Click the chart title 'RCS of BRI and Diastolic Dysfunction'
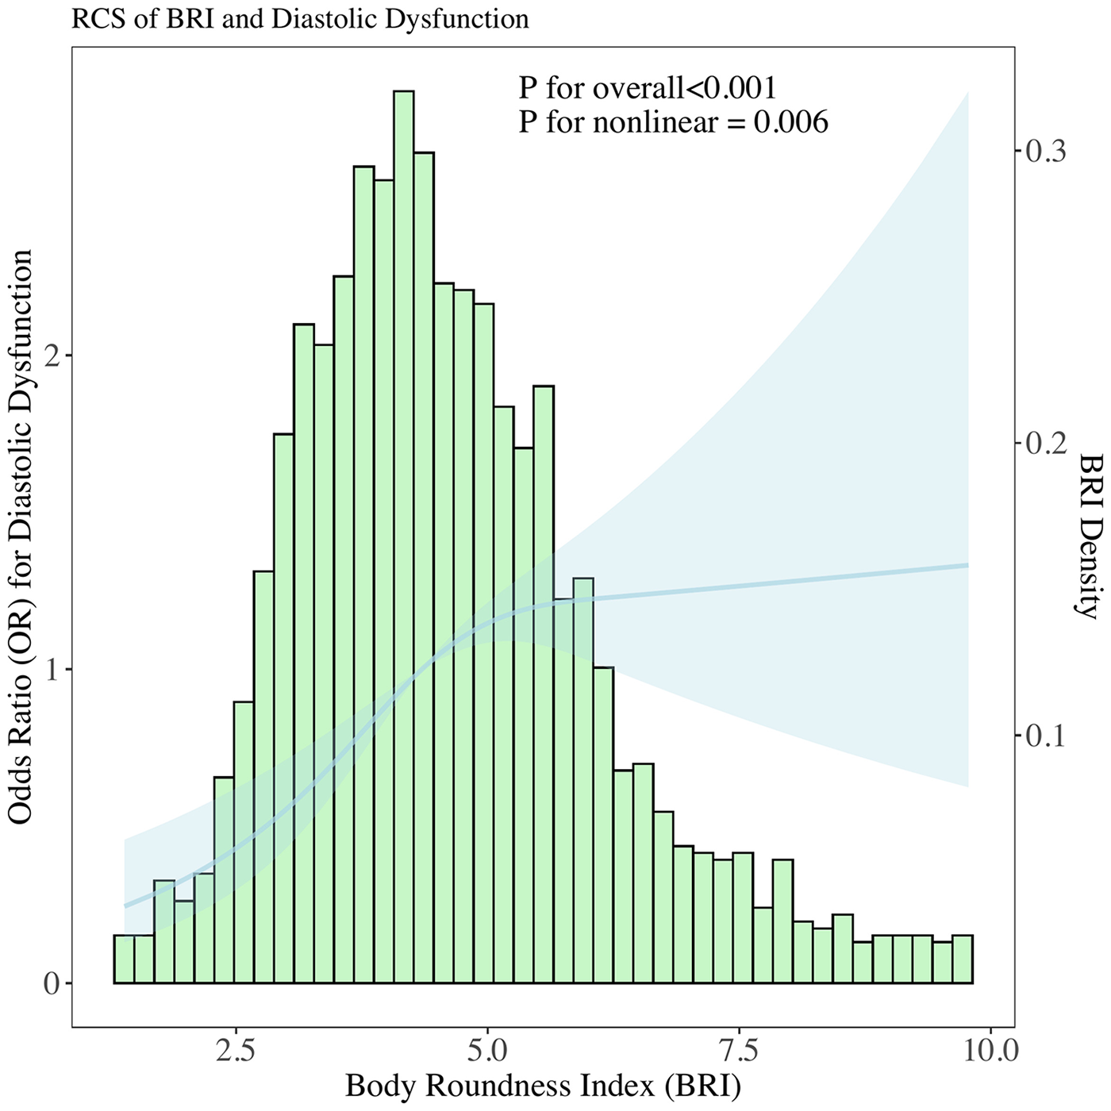300,19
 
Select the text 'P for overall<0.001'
648,87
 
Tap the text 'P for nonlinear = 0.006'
673,122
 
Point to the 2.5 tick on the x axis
236,1051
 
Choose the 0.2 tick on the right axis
1046,444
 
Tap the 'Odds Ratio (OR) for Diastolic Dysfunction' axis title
21,536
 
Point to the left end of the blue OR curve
125,905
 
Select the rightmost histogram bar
963,959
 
